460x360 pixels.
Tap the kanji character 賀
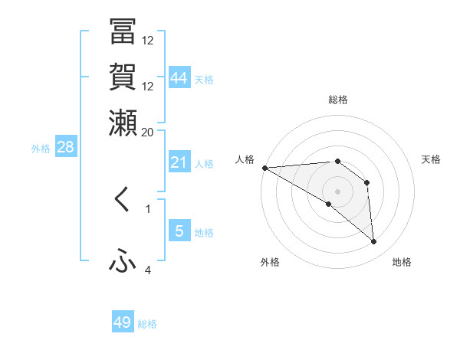coord(123,77)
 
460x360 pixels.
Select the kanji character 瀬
coord(123,121)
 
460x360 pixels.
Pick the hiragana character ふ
coord(123,262)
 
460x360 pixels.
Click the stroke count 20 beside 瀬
coord(147,132)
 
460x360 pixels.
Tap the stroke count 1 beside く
coord(148,208)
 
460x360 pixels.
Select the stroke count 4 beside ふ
coord(148,270)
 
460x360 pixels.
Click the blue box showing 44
coord(179,78)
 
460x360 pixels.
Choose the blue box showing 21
coord(179,162)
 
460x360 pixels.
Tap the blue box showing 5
coord(179,231)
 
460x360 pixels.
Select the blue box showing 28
coord(65,148)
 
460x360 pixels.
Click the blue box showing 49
coord(123,322)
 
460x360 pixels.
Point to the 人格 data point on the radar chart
coord(264,167)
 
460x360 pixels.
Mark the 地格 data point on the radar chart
coord(374,242)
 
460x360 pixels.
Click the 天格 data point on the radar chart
coord(366,182)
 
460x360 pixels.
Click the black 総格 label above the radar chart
coord(337,100)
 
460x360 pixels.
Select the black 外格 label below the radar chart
coord(270,262)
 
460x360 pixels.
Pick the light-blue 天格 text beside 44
coord(204,80)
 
